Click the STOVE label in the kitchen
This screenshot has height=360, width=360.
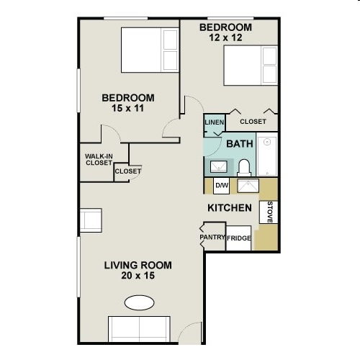coord(270,212)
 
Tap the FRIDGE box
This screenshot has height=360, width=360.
coord(239,238)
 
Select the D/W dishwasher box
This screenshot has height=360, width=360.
coord(222,186)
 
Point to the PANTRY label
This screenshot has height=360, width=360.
coord(212,237)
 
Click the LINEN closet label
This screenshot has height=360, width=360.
coord(215,122)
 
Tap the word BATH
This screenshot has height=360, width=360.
coord(240,144)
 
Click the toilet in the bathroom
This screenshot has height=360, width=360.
coord(244,168)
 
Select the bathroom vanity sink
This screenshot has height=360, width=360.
coord(219,167)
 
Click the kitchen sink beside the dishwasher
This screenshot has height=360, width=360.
coord(248,186)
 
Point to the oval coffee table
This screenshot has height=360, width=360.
coord(139,302)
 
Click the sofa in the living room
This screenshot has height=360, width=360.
coord(139,329)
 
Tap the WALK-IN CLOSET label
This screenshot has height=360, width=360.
coord(99,160)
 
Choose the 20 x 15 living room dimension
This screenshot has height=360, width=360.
coord(138,276)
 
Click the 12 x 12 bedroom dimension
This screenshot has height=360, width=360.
coord(225,37)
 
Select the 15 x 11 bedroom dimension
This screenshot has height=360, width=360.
coord(127,108)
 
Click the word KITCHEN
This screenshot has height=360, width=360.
coord(230,208)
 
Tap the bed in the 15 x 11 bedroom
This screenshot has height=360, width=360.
coord(150,50)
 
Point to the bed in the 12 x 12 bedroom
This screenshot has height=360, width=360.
coord(251,66)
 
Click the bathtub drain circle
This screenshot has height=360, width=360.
coord(267,142)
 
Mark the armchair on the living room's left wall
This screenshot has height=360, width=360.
coord(91,220)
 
